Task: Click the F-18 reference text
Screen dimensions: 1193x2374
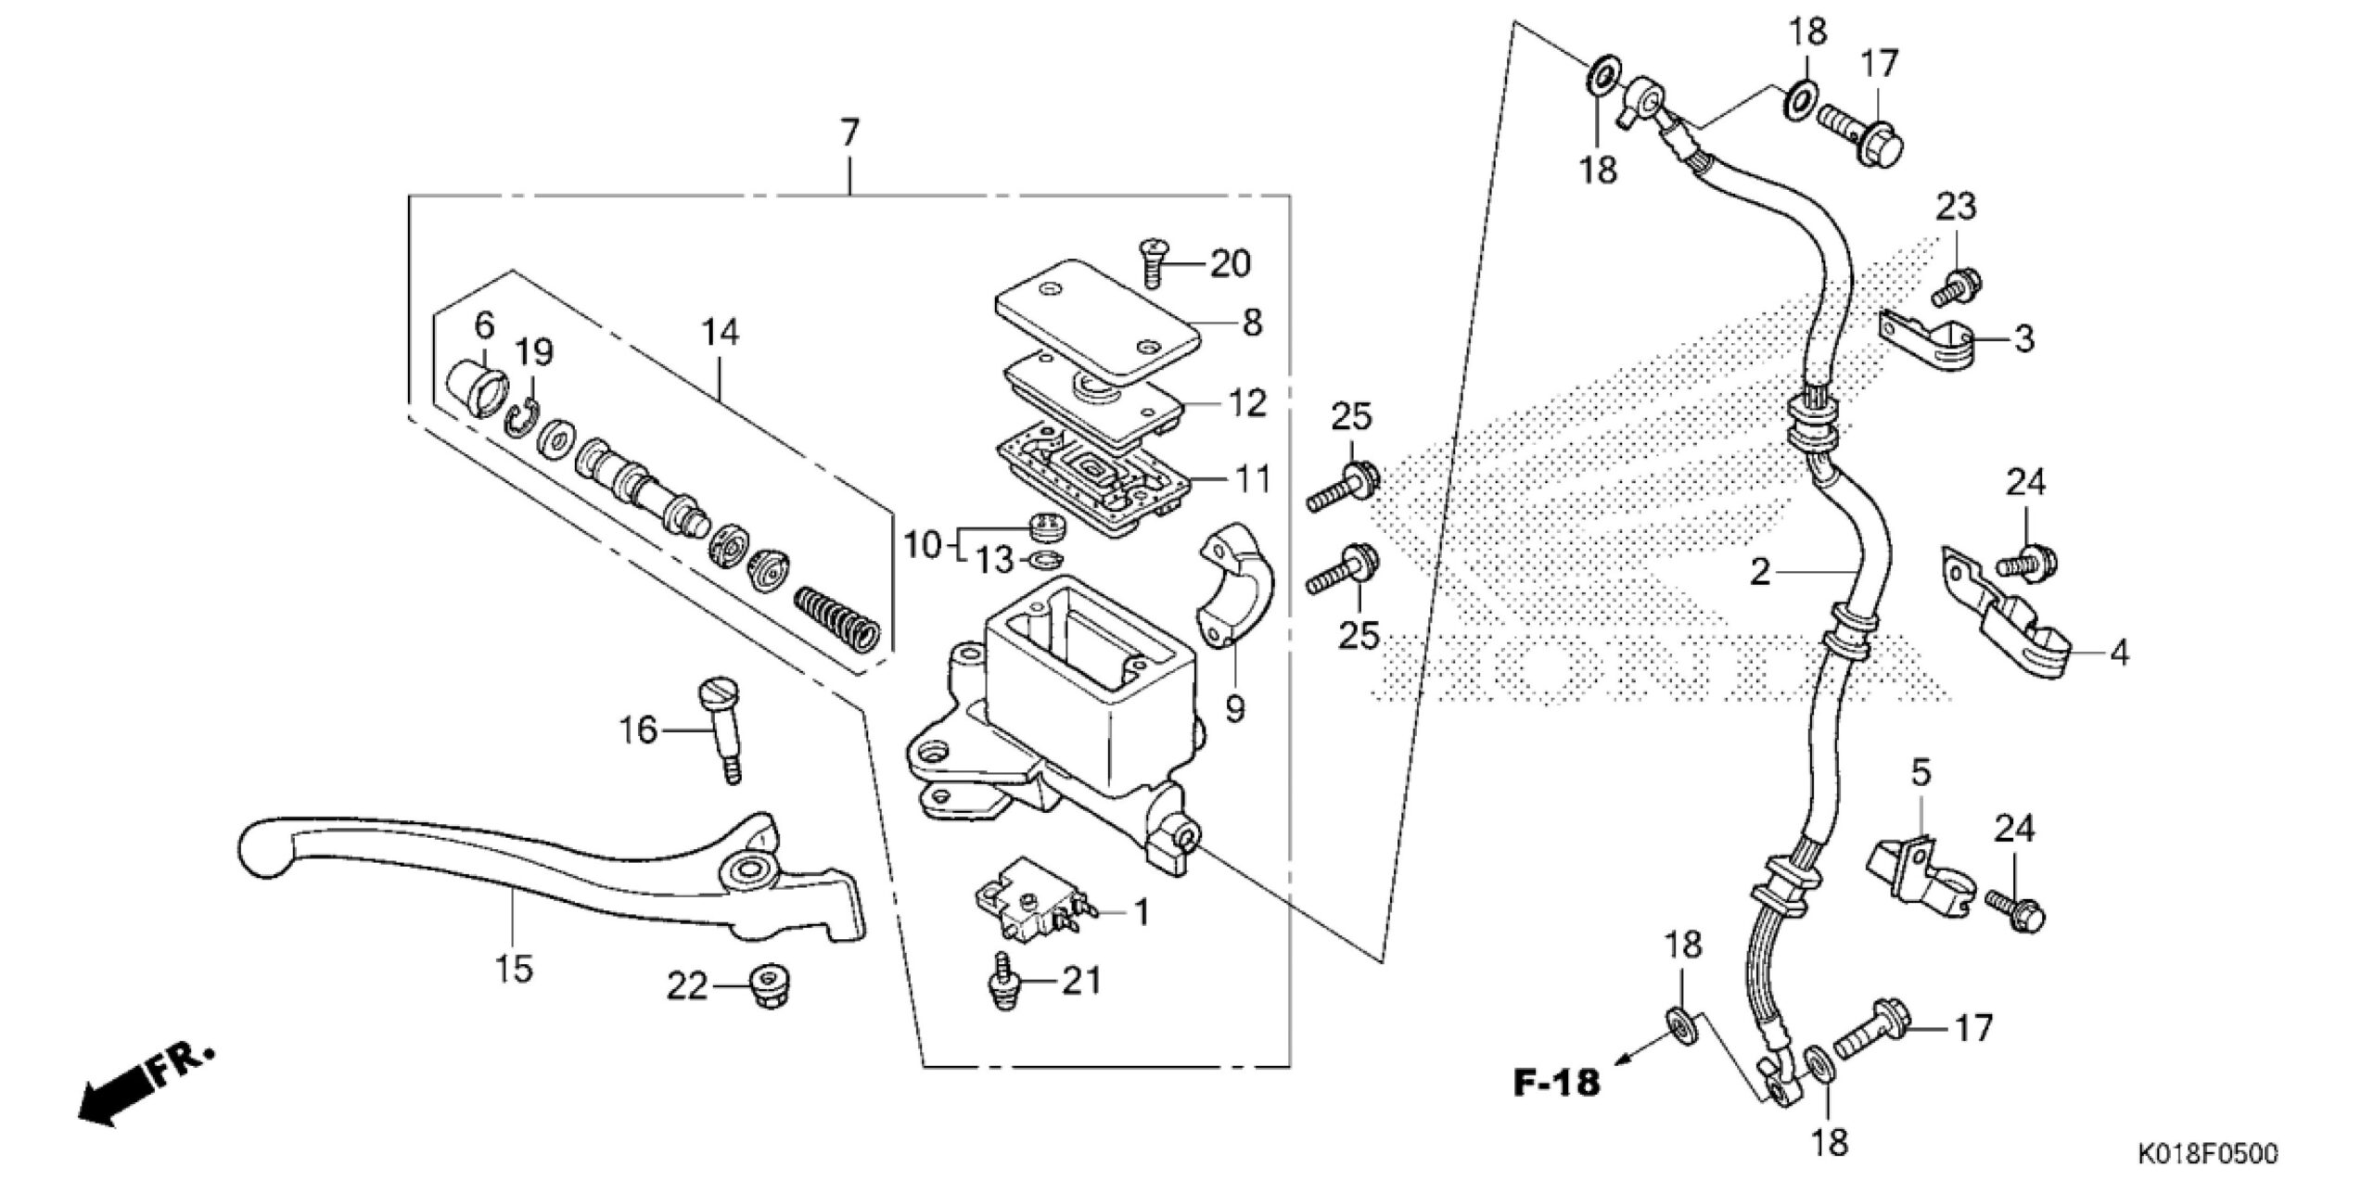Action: (1557, 1082)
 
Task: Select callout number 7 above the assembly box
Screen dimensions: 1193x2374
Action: (849, 133)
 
